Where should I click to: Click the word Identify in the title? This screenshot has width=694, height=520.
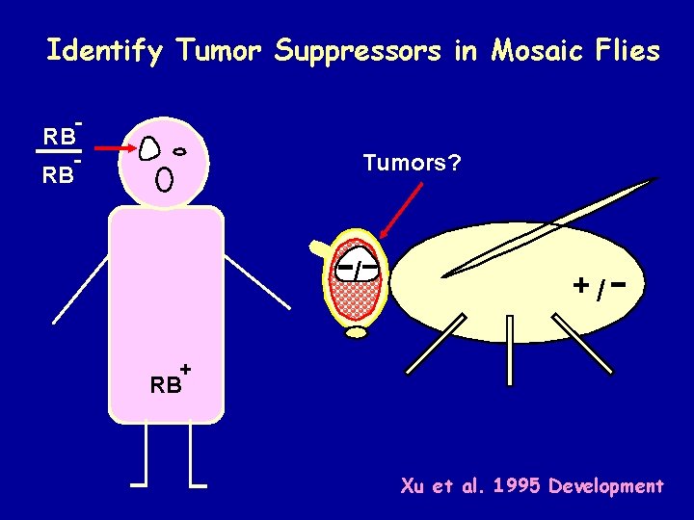pos(105,50)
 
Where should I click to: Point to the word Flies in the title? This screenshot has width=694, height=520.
pos(626,50)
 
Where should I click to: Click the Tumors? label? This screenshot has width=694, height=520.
pos(412,163)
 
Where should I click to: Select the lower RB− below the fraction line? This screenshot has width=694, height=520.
pos(59,174)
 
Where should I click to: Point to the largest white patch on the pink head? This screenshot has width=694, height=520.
pos(149,147)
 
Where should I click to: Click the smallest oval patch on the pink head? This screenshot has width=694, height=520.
pos(179,151)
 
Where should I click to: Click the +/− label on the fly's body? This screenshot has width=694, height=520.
pos(601,286)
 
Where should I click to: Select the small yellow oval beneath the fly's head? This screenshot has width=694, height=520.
pos(357,333)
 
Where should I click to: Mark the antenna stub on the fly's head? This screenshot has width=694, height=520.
pos(317,248)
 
